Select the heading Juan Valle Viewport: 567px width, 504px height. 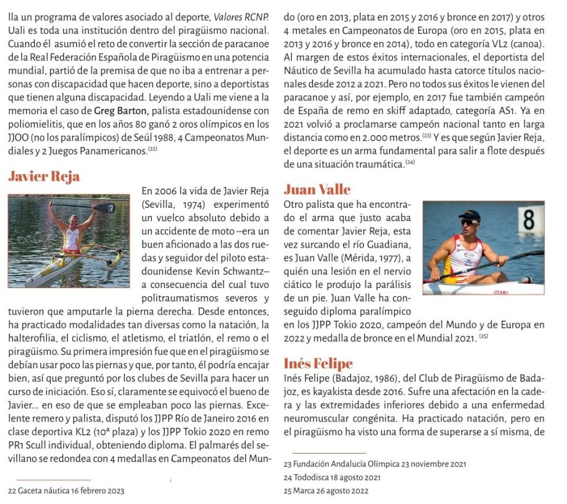click(x=317, y=189)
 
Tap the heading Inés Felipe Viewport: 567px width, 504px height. click(x=318, y=363)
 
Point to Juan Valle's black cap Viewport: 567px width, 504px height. click(x=469, y=215)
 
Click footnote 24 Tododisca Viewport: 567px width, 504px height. click(x=332, y=477)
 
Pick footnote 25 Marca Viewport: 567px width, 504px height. click(x=326, y=490)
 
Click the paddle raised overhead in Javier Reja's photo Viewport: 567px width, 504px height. click(x=83, y=206)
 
